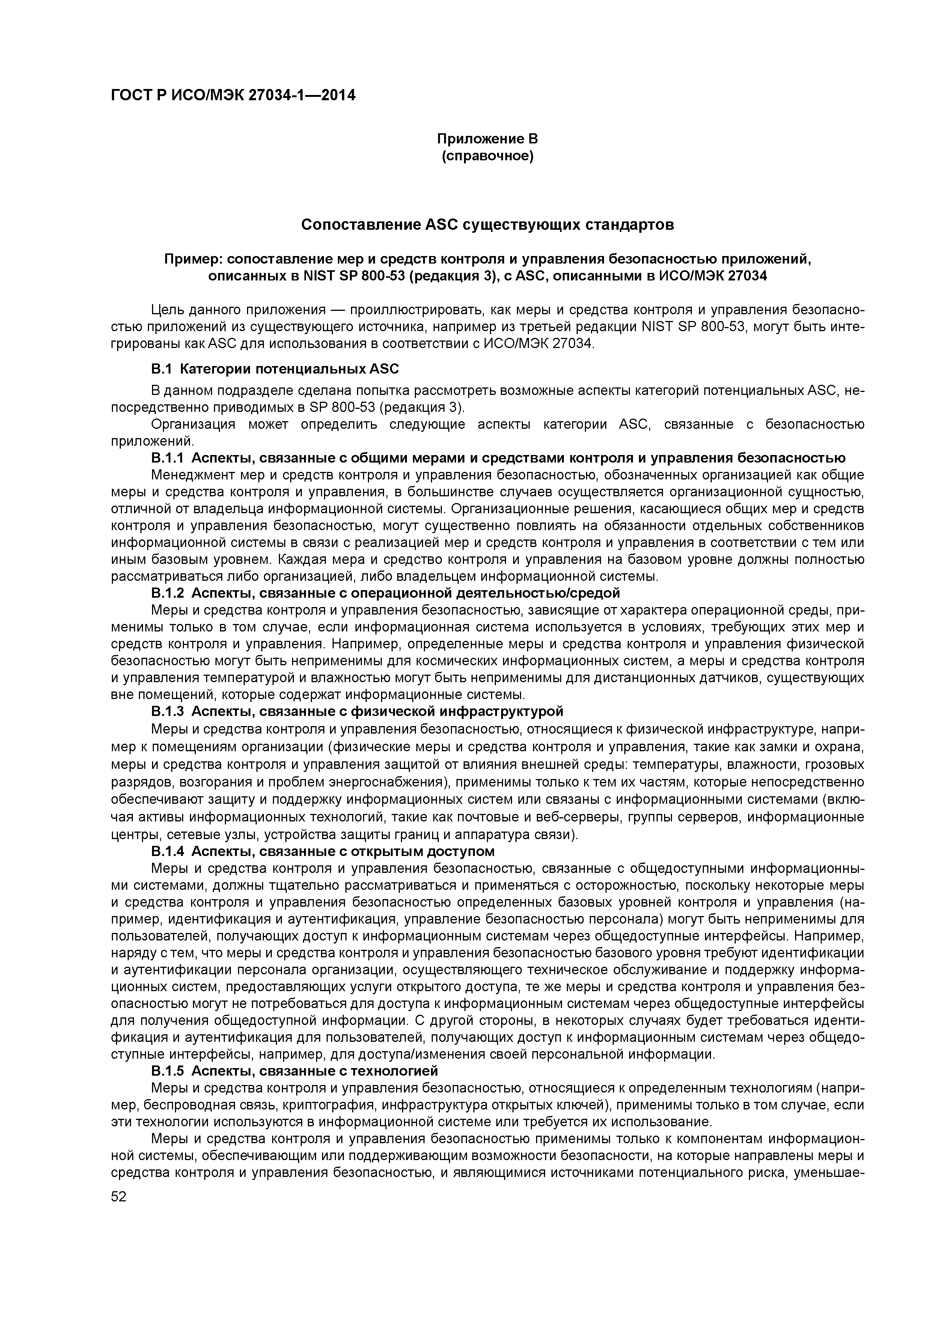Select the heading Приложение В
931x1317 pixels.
(487, 139)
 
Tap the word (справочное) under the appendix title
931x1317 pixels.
(487, 156)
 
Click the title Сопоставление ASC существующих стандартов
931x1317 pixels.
(487, 225)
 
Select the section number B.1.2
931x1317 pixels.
(167, 592)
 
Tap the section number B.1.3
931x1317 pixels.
(167, 712)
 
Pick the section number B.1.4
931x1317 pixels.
(167, 851)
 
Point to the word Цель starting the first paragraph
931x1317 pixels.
(166, 310)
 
